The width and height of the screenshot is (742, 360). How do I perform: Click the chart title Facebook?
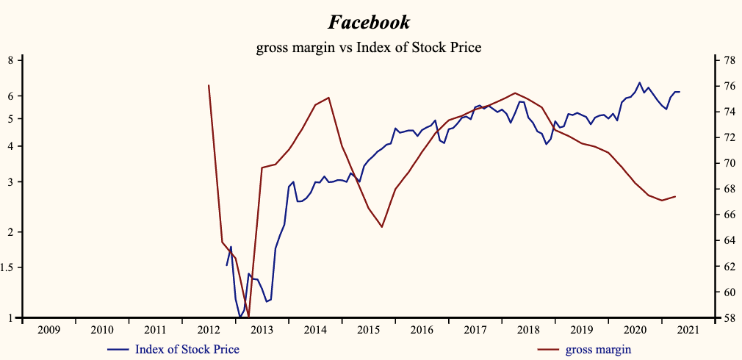[x=369, y=22]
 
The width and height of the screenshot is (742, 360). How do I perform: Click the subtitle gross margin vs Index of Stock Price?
[x=369, y=48]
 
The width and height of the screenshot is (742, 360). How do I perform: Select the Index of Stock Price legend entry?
[x=187, y=349]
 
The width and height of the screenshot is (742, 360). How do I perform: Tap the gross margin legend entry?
[x=598, y=349]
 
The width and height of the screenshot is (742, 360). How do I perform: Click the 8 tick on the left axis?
[x=10, y=60]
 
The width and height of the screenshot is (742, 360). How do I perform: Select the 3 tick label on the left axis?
[x=10, y=181]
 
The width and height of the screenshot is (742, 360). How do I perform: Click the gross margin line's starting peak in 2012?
[x=209, y=85]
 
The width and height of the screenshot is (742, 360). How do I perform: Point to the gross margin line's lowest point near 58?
[x=249, y=317]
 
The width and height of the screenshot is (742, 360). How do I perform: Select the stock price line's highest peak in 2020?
[x=639, y=82]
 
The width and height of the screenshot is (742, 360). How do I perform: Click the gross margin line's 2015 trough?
[x=382, y=227]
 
